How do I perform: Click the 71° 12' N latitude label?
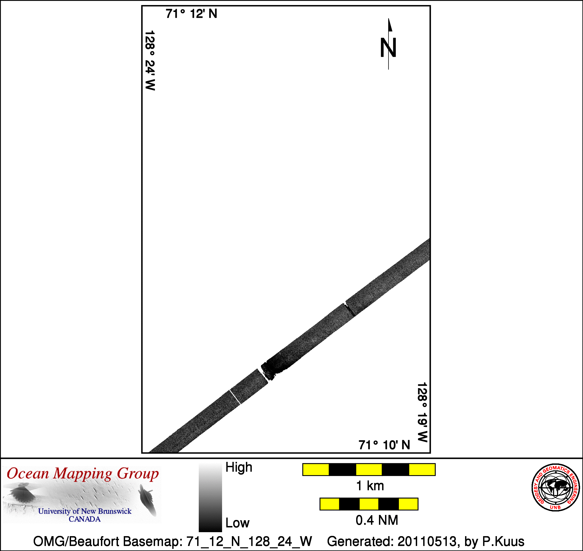coord(191,14)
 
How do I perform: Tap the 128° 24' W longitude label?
coord(150,60)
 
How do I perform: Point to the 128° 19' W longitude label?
coord(422,412)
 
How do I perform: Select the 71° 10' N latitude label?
coord(384,445)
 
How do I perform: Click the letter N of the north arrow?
coord(388,47)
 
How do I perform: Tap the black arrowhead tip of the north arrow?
coord(388,19)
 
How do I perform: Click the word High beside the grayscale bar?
coord(238,467)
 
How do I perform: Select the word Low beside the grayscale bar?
coord(237,523)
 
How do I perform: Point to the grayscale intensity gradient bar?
coord(210,498)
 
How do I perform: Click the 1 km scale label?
coord(370,486)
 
